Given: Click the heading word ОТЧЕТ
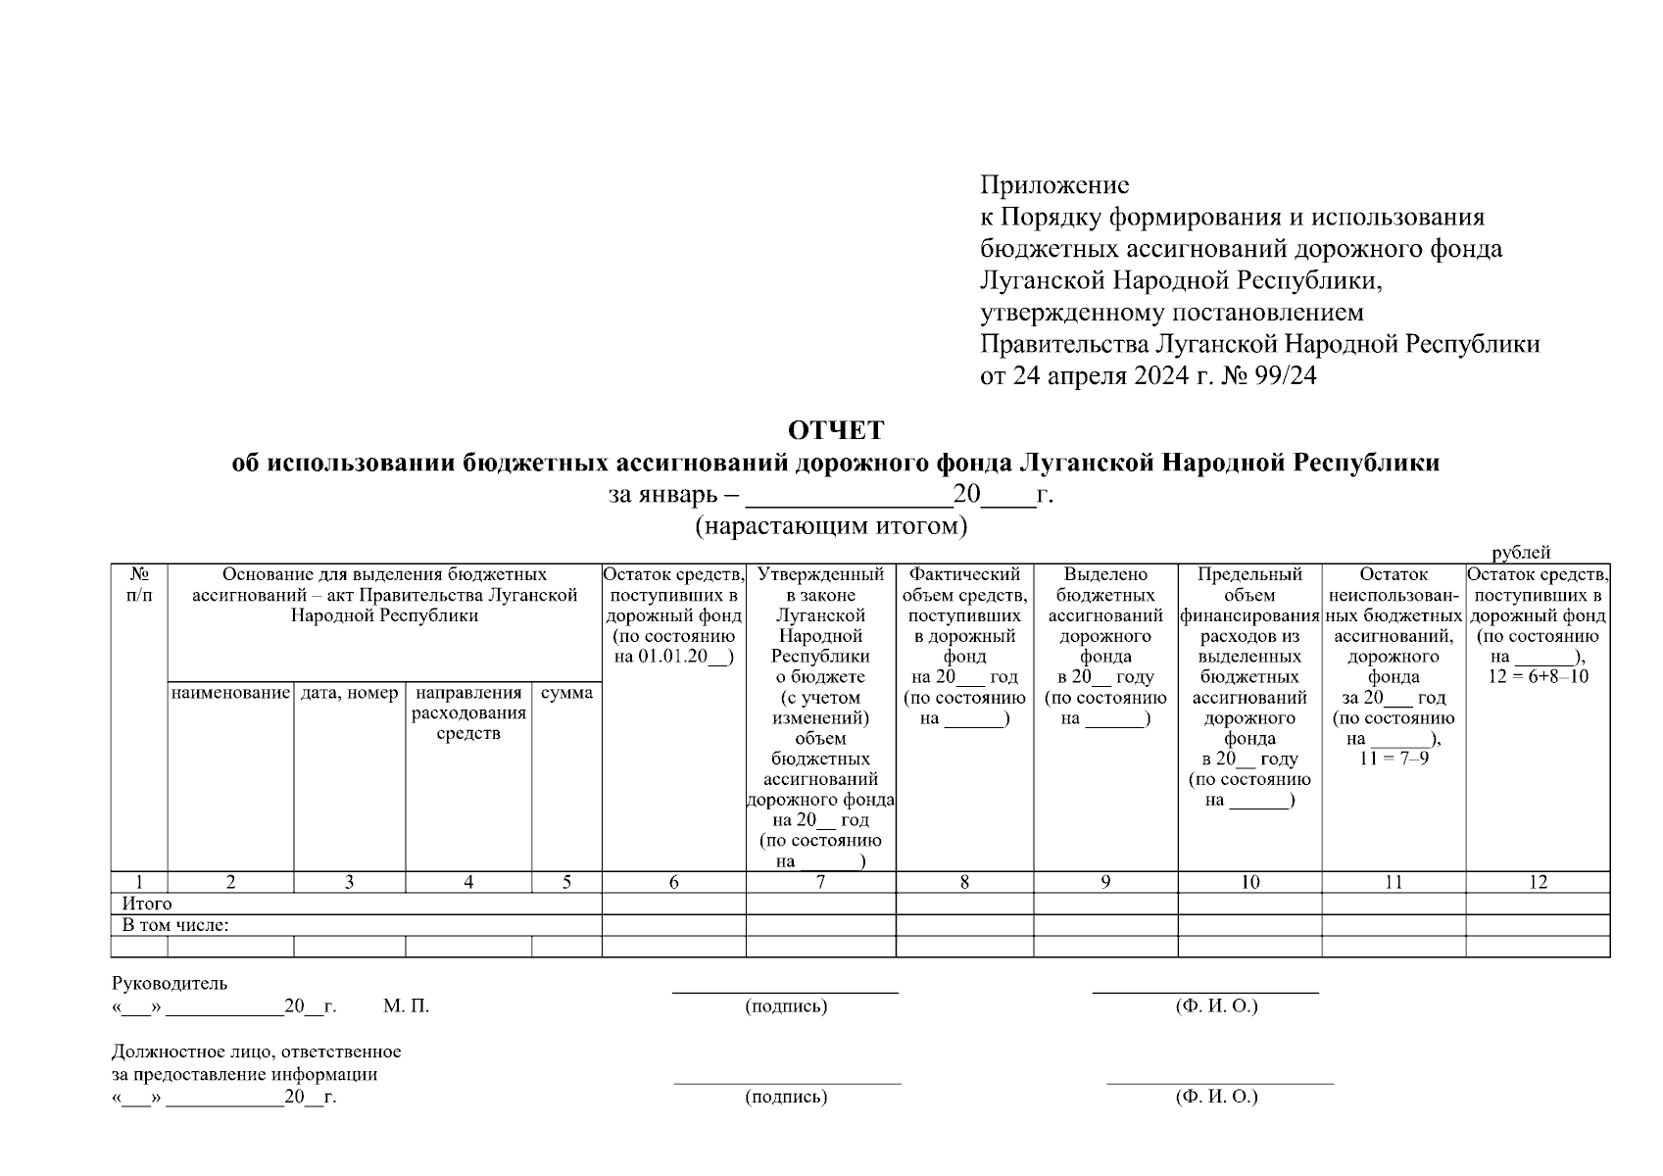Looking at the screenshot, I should point(836,431).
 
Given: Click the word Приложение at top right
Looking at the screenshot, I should point(1054,185).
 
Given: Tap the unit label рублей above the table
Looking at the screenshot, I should point(1521,554).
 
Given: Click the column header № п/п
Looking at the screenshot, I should point(139,585).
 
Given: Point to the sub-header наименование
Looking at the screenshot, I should point(230,694).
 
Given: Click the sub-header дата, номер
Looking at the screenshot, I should point(349,694).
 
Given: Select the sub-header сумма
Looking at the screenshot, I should point(566,694).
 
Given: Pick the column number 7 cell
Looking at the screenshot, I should point(820,882).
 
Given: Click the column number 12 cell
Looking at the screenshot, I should point(1538,882).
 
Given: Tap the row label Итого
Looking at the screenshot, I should point(147,904).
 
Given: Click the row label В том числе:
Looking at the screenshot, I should point(175,925).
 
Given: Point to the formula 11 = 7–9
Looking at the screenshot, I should point(1394,759).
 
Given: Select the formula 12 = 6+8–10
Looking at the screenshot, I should point(1538,677).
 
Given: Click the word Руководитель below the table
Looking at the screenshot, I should point(170,983).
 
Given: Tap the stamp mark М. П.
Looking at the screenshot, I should point(406,1006).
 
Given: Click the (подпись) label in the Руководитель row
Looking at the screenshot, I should point(786,1006).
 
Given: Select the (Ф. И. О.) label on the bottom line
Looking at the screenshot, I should point(1216,1097).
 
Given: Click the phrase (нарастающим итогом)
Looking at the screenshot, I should point(831,527).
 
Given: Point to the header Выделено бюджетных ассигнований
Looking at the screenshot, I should point(1105,595).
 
